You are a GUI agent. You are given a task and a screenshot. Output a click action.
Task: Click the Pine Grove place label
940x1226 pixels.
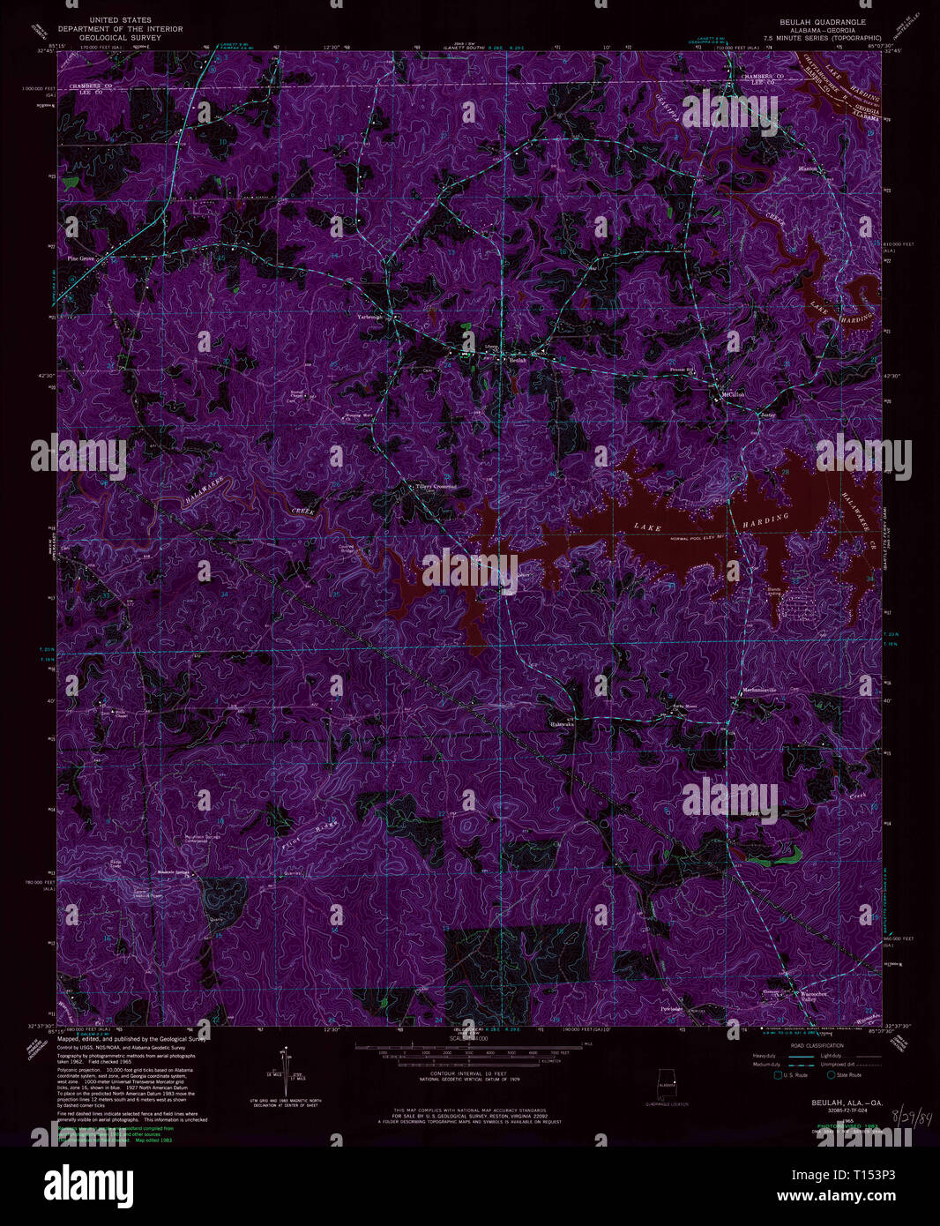(x=81, y=258)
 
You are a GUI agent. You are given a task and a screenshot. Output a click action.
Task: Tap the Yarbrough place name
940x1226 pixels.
(x=370, y=316)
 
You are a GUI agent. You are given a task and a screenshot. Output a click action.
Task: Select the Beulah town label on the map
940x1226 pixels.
(x=518, y=360)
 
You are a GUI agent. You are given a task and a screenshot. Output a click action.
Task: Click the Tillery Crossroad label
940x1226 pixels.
(x=436, y=486)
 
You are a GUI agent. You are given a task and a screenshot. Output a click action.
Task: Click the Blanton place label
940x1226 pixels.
(x=808, y=168)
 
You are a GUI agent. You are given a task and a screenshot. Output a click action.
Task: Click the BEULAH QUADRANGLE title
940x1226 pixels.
(x=821, y=21)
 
